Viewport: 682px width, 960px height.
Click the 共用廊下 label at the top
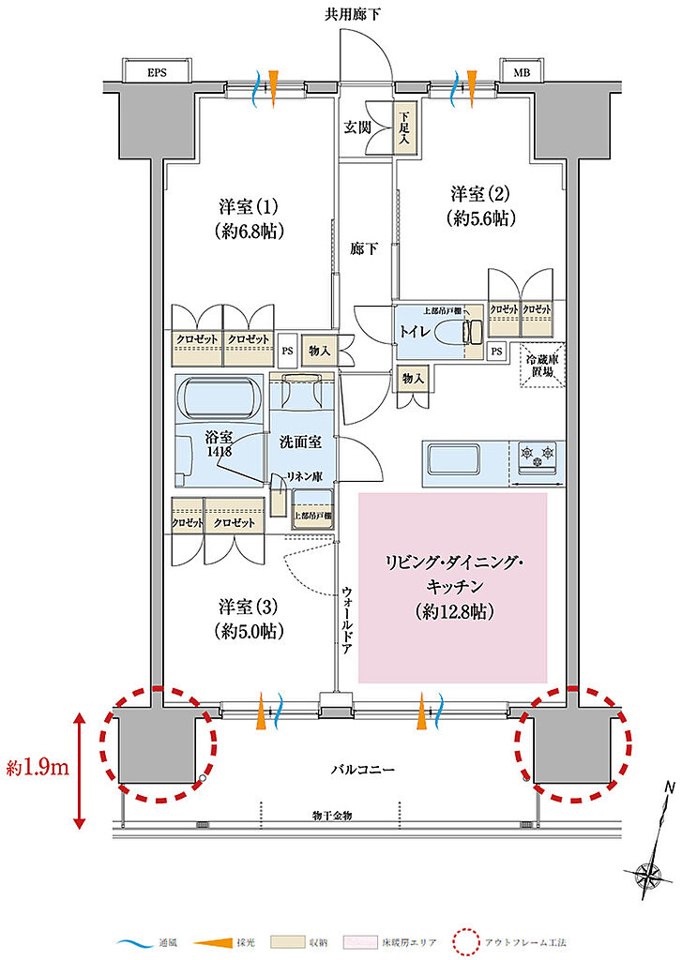[x=353, y=13]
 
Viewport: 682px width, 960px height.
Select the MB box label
[x=518, y=72]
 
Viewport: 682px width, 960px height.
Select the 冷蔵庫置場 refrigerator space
[x=538, y=363]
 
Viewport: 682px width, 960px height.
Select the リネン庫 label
[x=305, y=476]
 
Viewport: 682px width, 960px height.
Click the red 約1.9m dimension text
[x=36, y=770]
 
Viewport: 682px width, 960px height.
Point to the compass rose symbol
[x=648, y=876]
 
